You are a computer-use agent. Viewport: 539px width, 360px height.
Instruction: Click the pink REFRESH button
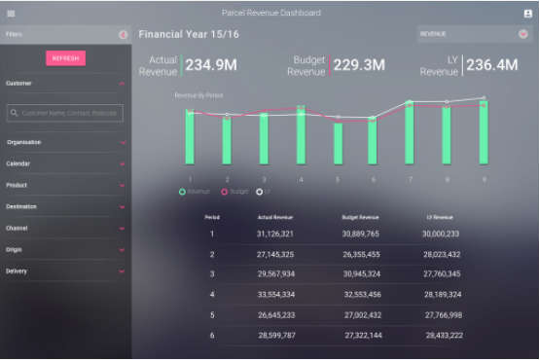point(65,58)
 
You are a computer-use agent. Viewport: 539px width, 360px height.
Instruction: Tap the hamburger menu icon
point(11,13)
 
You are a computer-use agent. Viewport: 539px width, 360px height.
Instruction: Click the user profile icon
point(527,13)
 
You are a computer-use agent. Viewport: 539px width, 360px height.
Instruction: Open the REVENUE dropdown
point(474,34)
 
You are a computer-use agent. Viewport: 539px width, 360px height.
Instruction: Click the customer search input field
point(65,113)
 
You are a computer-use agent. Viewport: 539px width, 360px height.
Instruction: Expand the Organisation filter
point(65,142)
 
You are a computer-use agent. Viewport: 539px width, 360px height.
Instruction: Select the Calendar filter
point(65,163)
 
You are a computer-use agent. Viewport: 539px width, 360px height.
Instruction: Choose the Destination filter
point(65,206)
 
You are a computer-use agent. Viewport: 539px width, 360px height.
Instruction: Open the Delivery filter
point(65,270)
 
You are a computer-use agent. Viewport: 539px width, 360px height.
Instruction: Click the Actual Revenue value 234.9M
point(211,66)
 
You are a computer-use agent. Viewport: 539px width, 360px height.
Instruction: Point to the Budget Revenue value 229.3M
point(359,66)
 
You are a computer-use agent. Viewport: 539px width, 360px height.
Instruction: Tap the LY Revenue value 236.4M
point(492,66)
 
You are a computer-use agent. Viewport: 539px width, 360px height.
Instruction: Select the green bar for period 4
point(301,135)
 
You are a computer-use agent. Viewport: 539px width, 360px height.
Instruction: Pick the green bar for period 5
point(338,142)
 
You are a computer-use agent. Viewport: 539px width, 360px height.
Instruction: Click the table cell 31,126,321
point(275,234)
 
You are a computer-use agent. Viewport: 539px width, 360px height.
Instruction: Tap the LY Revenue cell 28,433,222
point(443,334)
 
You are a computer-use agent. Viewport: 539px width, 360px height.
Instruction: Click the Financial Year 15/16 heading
point(189,34)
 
